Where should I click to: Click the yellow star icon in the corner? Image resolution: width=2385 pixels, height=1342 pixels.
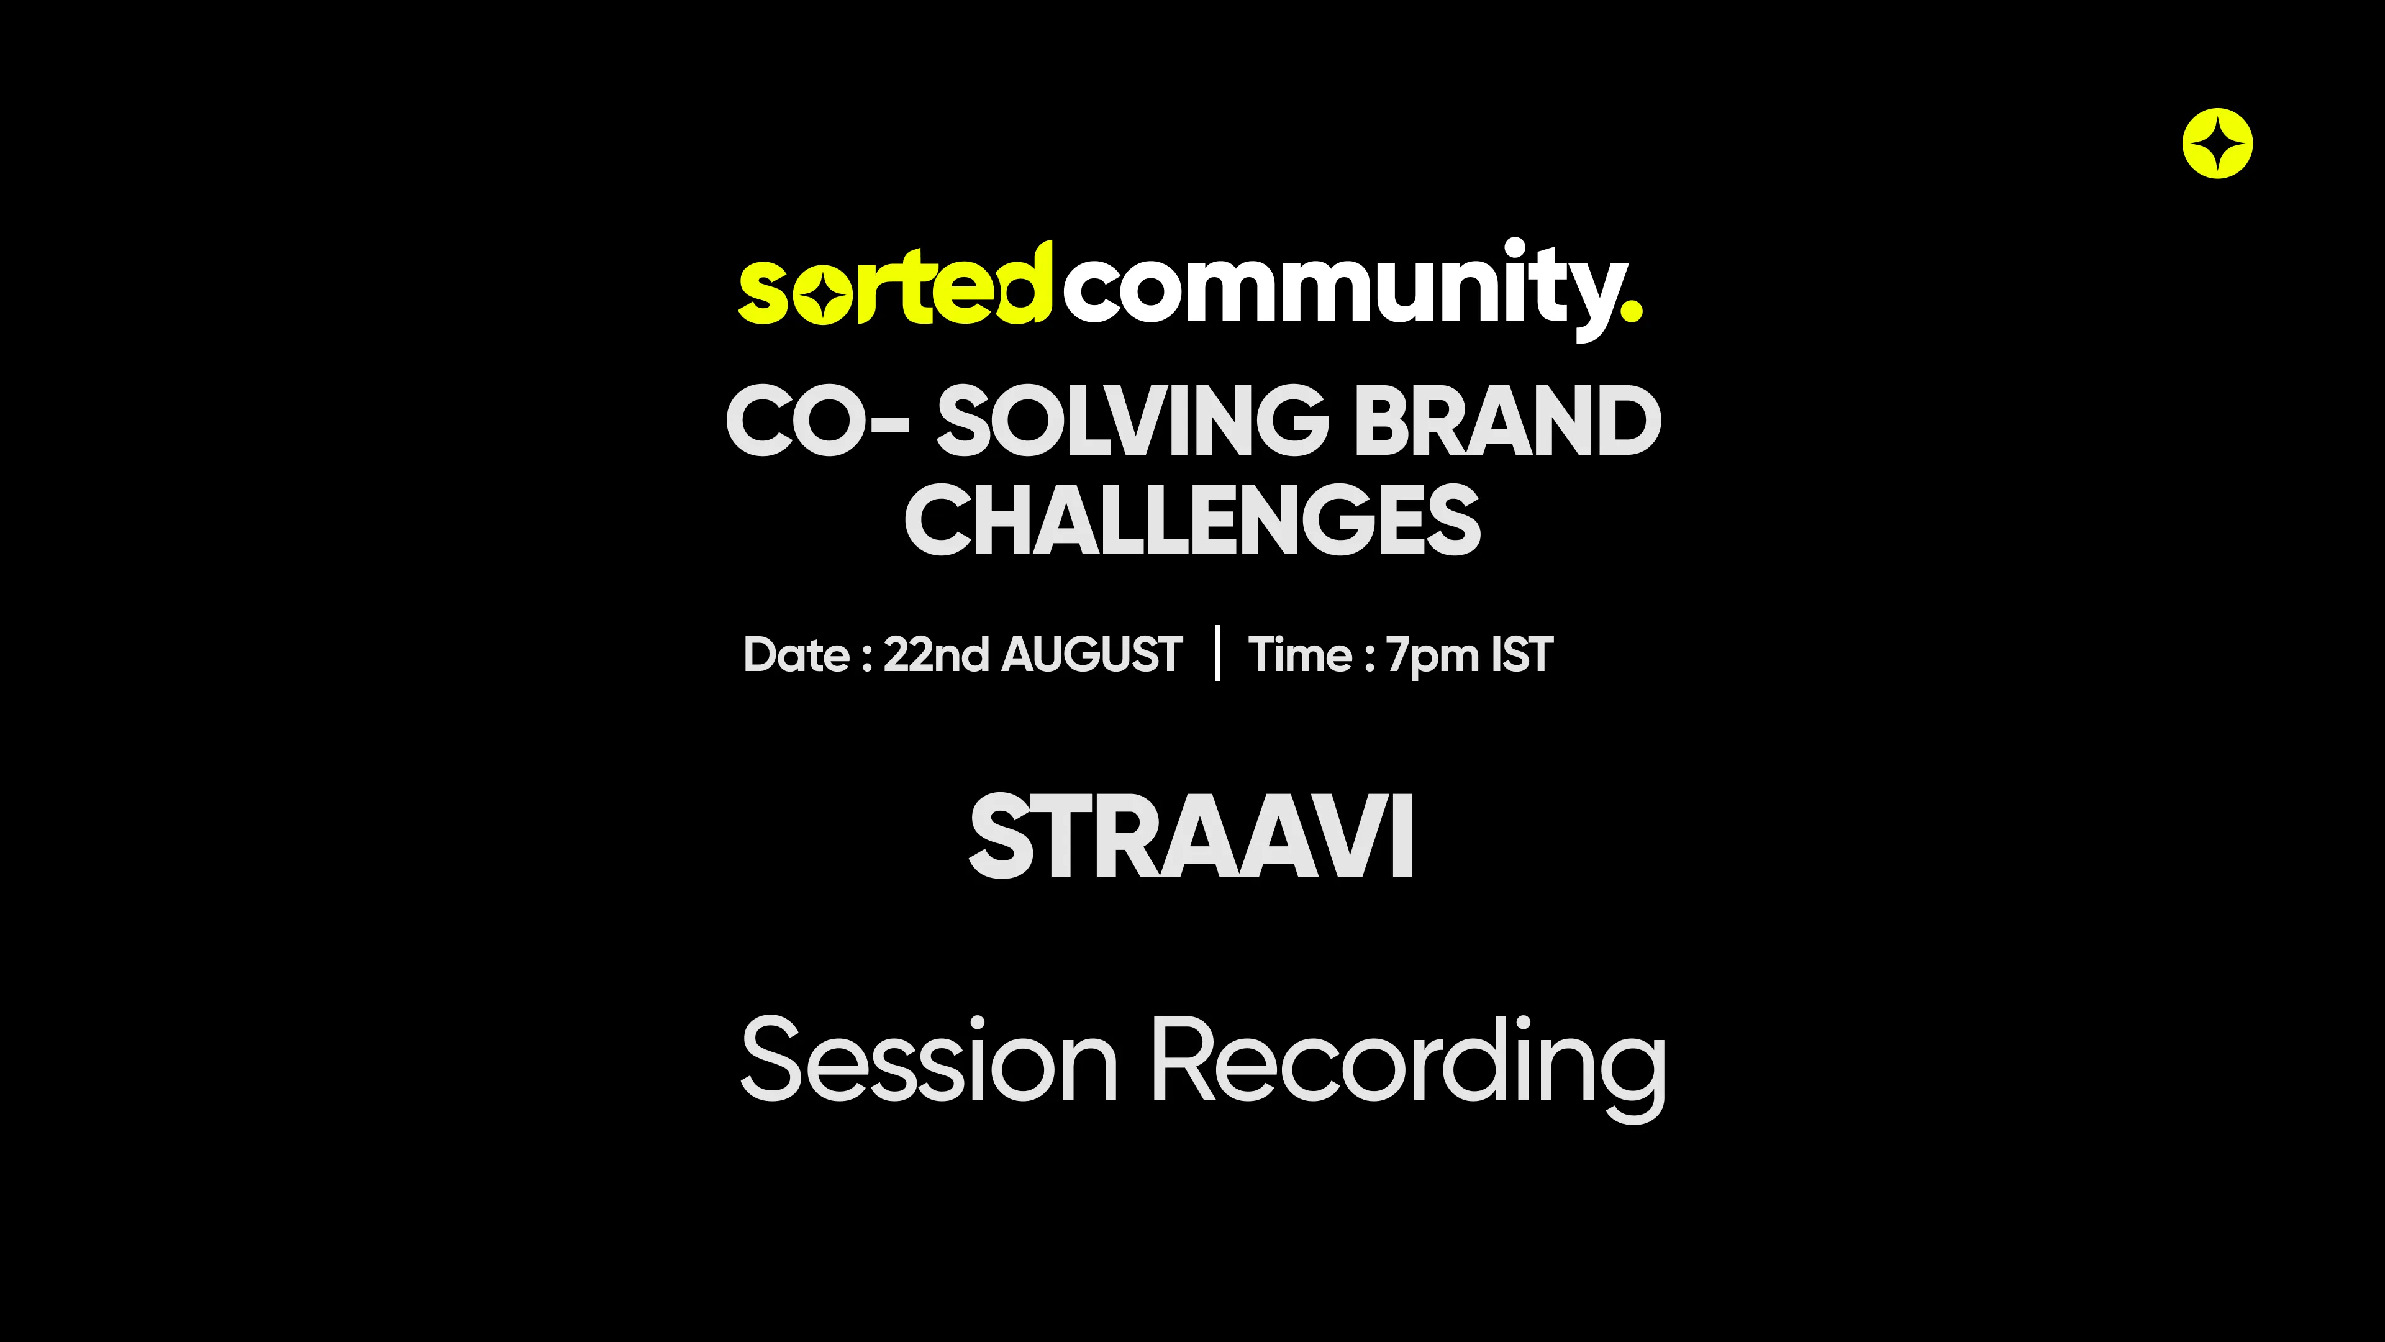2217,144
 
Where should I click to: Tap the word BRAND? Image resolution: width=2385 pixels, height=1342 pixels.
1508,421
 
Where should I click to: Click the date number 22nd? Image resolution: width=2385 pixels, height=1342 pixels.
936,655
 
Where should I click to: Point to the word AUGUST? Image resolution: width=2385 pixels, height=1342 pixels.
1093,655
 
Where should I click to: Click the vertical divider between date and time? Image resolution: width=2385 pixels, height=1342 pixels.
1217,653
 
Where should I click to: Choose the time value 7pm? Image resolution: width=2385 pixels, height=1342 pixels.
1433,657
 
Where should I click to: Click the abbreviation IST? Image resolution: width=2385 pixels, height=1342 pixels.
1522,655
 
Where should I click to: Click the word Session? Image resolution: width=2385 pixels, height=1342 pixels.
929,1059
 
